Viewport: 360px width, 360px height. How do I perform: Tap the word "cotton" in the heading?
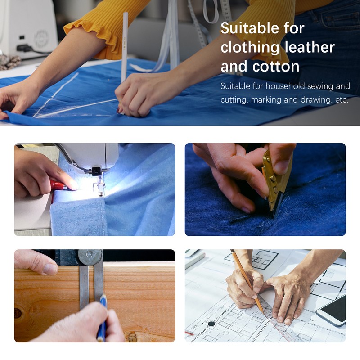click(276, 66)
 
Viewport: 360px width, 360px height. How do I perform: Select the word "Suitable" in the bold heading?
click(250, 28)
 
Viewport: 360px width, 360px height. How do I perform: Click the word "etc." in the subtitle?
click(342, 100)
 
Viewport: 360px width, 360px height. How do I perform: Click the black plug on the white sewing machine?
click(24, 48)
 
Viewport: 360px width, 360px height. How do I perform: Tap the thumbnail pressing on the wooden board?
click(50, 269)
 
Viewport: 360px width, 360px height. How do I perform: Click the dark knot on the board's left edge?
click(18, 313)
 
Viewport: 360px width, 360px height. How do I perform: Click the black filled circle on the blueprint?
click(211, 324)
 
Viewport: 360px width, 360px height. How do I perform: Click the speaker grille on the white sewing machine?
click(41, 39)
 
